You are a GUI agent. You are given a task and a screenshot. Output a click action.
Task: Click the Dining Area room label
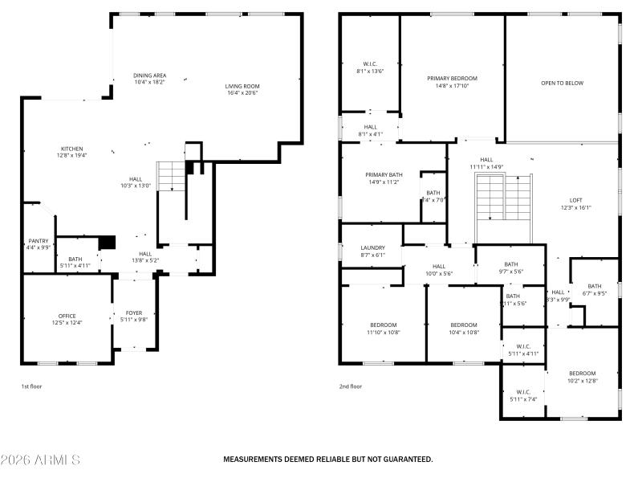click(149, 76)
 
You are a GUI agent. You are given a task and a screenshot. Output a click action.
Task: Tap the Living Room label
click(242, 86)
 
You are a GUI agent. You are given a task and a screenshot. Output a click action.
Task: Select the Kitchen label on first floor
click(72, 149)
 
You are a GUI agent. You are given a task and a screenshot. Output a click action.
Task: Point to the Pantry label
click(39, 241)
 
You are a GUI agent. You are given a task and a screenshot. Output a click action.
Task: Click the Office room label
click(67, 316)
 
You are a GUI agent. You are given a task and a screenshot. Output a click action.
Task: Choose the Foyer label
click(133, 312)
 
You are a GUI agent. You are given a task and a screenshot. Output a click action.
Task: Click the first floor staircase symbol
click(171, 176)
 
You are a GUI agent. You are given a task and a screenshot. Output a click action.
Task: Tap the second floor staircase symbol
click(503, 198)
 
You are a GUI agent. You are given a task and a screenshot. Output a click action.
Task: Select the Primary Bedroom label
click(452, 78)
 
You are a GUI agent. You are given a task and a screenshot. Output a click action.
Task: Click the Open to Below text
click(562, 83)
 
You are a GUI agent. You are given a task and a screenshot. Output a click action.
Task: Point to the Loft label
click(575, 200)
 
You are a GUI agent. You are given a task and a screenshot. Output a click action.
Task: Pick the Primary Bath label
click(384, 174)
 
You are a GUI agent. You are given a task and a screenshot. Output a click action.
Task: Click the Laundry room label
click(372, 247)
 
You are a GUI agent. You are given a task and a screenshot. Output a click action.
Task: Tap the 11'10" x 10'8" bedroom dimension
click(384, 332)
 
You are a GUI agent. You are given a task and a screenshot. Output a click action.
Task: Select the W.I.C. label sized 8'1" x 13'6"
click(370, 71)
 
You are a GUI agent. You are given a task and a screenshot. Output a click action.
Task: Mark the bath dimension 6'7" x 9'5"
click(595, 293)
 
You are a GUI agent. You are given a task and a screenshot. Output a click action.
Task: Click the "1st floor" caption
click(31, 386)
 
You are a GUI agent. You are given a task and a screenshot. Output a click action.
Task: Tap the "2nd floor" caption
click(350, 386)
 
